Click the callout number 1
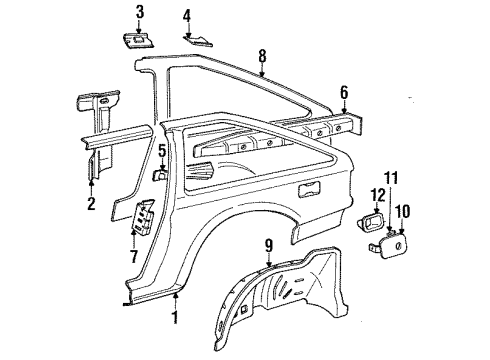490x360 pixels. coord(176,319)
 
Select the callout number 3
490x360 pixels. coord(140,12)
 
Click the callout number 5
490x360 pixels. coord(161,150)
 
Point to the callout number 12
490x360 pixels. coord(378,194)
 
